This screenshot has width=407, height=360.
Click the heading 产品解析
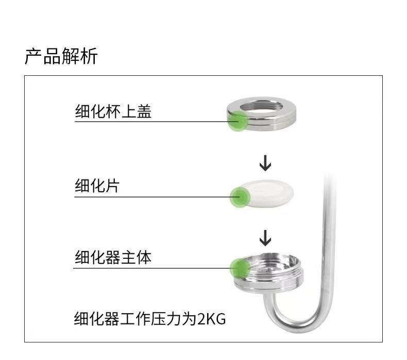(x=61, y=56)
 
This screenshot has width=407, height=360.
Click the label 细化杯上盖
(x=113, y=111)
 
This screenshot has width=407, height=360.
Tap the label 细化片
(x=97, y=185)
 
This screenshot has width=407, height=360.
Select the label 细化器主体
(x=113, y=257)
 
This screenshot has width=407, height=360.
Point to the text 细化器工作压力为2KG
(x=150, y=318)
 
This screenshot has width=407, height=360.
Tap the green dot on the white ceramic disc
(x=239, y=197)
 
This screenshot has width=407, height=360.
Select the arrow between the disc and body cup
(x=265, y=238)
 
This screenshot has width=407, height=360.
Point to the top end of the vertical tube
(x=326, y=178)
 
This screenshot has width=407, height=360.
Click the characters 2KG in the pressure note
(x=212, y=318)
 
